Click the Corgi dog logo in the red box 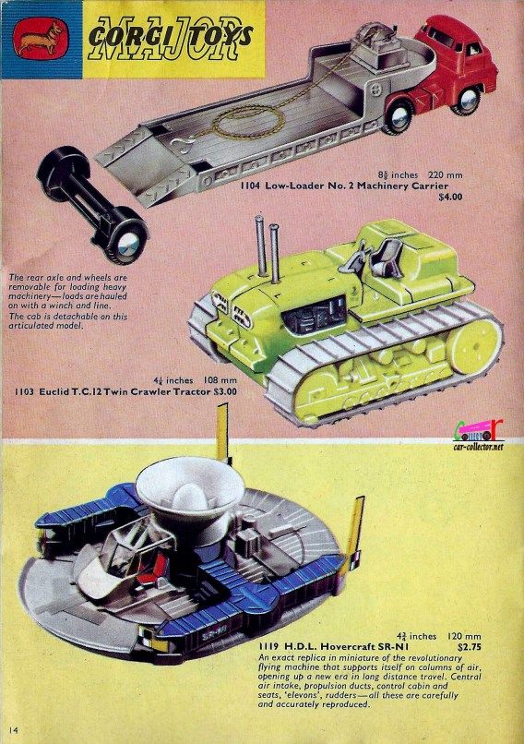39,36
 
